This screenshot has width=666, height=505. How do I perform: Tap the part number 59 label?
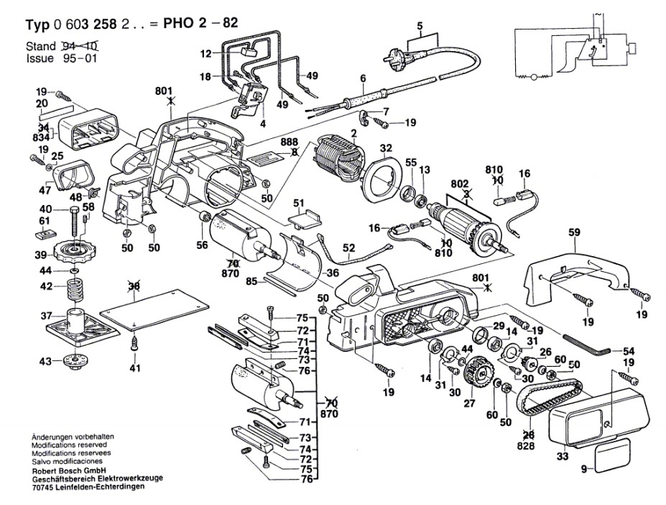pyautogui.click(x=574, y=232)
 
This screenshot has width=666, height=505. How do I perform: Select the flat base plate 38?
pyautogui.click(x=154, y=309)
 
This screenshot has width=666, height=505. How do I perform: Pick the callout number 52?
pyautogui.click(x=348, y=247)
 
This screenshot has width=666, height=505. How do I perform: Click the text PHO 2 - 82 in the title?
pyautogui.click(x=200, y=22)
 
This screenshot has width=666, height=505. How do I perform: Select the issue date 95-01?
pyautogui.click(x=80, y=58)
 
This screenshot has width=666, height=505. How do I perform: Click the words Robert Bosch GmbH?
pyautogui.click(x=68, y=470)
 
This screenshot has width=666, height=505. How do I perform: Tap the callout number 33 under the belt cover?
pyautogui.click(x=563, y=457)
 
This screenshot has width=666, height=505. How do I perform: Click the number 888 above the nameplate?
pyautogui.click(x=289, y=142)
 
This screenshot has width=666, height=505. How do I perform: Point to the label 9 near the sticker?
pyautogui.click(x=584, y=469)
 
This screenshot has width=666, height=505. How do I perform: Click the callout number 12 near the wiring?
pyautogui.click(x=206, y=54)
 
